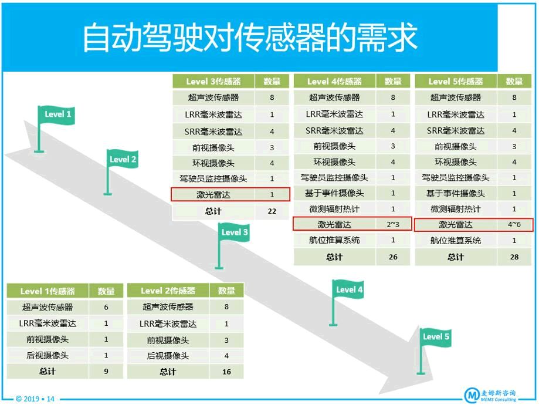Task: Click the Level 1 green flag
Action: (57, 115)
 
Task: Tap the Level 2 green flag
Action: (123, 159)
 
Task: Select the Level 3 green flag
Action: (234, 232)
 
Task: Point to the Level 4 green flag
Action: (348, 289)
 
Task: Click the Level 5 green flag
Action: (435, 337)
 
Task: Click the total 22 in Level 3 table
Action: (272, 211)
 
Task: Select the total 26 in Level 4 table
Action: (393, 257)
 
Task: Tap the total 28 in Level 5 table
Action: (514, 257)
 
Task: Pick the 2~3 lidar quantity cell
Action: (393, 225)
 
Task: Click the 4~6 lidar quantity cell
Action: (514, 225)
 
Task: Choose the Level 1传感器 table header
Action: (48, 291)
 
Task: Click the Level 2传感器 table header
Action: (168, 291)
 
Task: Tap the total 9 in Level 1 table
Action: (106, 372)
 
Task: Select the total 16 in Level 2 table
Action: (226, 372)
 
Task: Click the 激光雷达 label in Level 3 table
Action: (213, 195)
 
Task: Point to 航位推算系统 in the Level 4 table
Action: (334, 240)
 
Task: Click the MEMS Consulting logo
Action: (490, 395)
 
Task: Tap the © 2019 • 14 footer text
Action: (35, 399)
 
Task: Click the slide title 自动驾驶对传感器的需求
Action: (250, 37)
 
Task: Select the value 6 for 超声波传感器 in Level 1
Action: (106, 307)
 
